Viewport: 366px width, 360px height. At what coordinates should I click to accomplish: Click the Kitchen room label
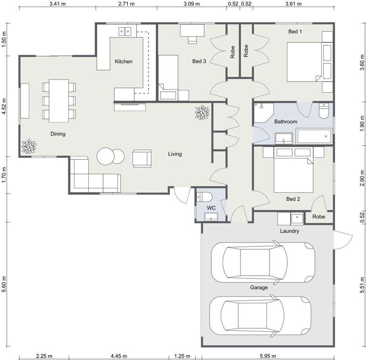tap(123, 62)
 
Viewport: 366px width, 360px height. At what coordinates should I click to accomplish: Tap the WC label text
tap(211, 208)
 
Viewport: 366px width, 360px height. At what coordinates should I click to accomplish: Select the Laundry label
tap(289, 231)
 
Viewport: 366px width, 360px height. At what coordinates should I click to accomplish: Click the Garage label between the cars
tap(259, 287)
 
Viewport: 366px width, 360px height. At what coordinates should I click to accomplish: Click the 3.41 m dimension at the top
tap(57, 4)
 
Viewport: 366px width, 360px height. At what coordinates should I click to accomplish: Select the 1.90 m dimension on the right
tap(362, 120)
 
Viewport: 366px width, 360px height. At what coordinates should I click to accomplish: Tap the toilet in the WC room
tap(205, 197)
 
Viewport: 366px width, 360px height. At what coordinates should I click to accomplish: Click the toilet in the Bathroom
tap(323, 112)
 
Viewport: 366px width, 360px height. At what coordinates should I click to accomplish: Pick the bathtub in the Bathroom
tap(314, 136)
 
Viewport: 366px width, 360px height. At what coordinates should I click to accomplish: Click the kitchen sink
tap(124, 32)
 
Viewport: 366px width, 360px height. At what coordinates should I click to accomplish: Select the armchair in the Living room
tap(142, 159)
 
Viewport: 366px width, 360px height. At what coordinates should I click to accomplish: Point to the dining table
tap(58, 100)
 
